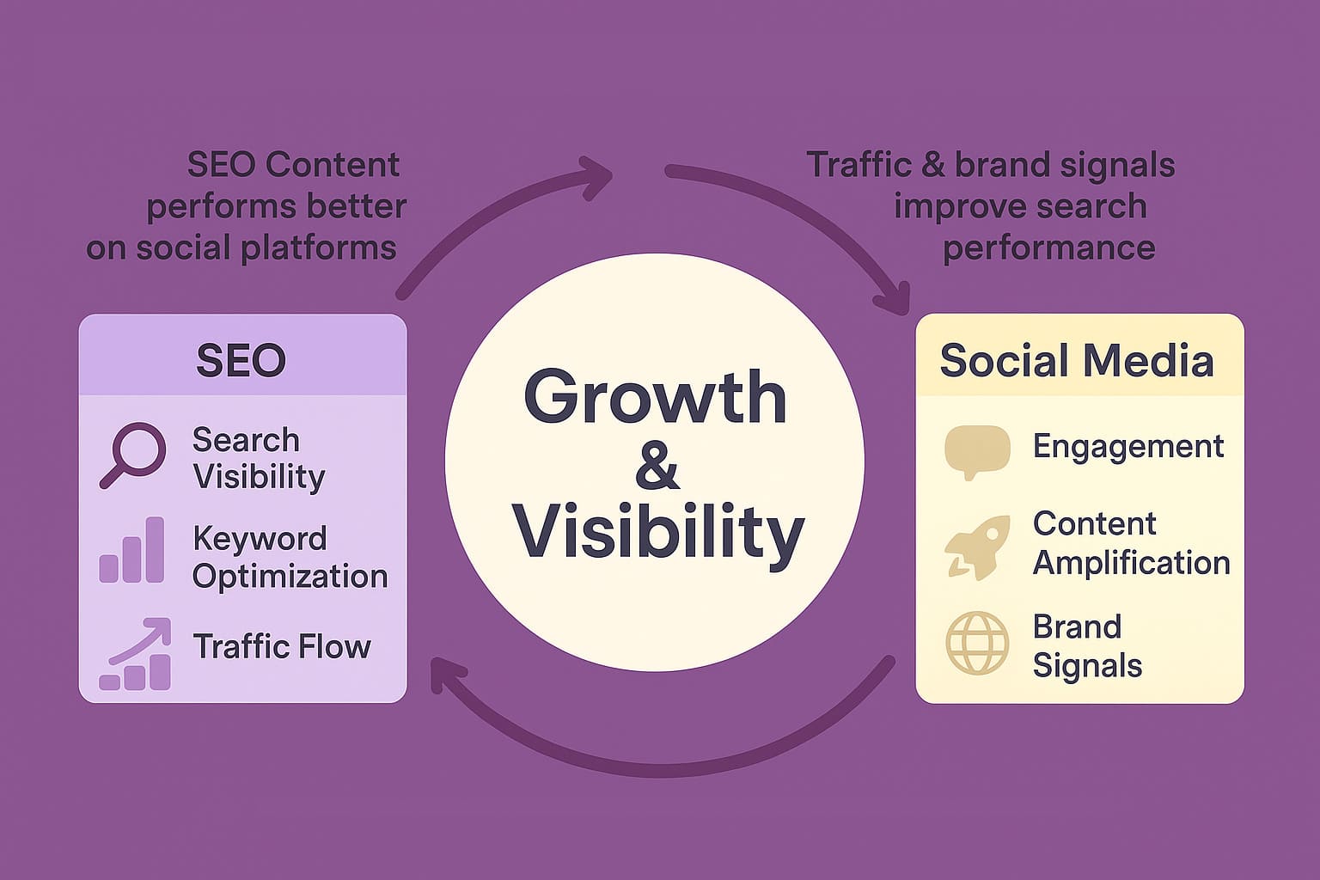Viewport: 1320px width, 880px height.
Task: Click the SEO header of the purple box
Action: pos(241,360)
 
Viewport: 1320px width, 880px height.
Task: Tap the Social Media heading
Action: pos(1076,360)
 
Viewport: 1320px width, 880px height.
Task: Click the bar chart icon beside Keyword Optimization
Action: pos(131,551)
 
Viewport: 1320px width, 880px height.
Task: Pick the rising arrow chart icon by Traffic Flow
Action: pos(135,655)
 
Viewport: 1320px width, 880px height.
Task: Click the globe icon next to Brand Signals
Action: pos(977,643)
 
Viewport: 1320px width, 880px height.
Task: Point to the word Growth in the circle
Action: pos(655,397)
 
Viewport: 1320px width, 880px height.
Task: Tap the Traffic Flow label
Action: pos(282,646)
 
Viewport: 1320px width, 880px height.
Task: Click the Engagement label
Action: pos(1128,446)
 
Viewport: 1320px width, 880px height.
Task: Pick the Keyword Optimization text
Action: pos(290,557)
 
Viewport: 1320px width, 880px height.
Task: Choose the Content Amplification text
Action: pos(1131,543)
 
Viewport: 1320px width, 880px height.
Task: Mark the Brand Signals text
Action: pos(1087,646)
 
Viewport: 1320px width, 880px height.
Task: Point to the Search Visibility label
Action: pos(258,458)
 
